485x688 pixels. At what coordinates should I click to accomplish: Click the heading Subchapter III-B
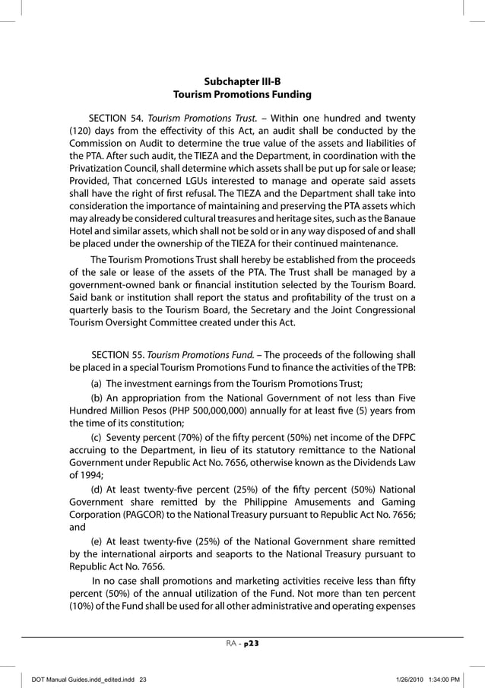point(242,81)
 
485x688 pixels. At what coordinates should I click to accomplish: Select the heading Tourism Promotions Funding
point(242,95)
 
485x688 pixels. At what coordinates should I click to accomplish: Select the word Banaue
point(398,219)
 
